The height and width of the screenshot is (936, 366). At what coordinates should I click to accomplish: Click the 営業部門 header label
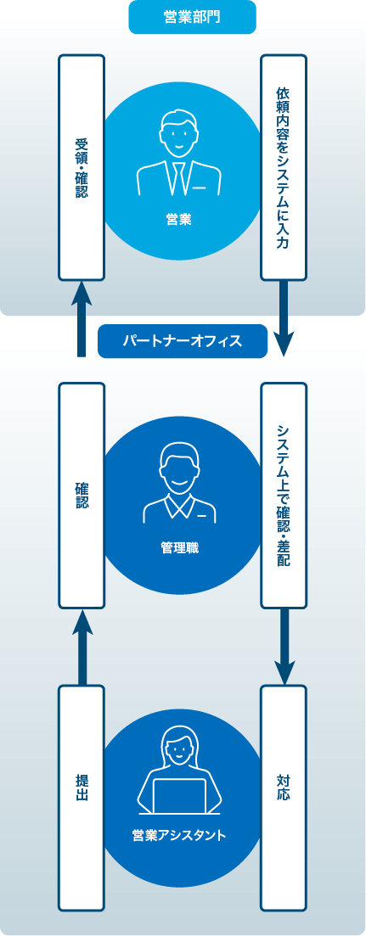[x=192, y=17]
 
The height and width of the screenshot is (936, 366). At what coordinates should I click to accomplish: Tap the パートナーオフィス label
[x=182, y=341]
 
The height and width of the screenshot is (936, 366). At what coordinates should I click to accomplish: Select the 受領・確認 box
[x=82, y=168]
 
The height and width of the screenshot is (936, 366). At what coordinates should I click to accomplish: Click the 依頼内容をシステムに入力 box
[x=284, y=168]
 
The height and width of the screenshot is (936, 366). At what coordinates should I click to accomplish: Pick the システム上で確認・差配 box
[x=284, y=496]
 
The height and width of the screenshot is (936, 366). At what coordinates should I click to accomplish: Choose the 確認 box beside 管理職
[x=82, y=496]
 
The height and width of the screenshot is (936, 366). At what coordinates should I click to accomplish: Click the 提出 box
[x=82, y=799]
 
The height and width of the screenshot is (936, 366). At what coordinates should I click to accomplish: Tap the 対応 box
[x=284, y=799]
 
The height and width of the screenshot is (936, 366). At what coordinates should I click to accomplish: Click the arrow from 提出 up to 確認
[x=82, y=647]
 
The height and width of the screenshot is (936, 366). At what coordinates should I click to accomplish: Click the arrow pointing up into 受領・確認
[x=82, y=319]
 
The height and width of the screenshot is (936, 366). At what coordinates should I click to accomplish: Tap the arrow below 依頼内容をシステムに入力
[x=284, y=319]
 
